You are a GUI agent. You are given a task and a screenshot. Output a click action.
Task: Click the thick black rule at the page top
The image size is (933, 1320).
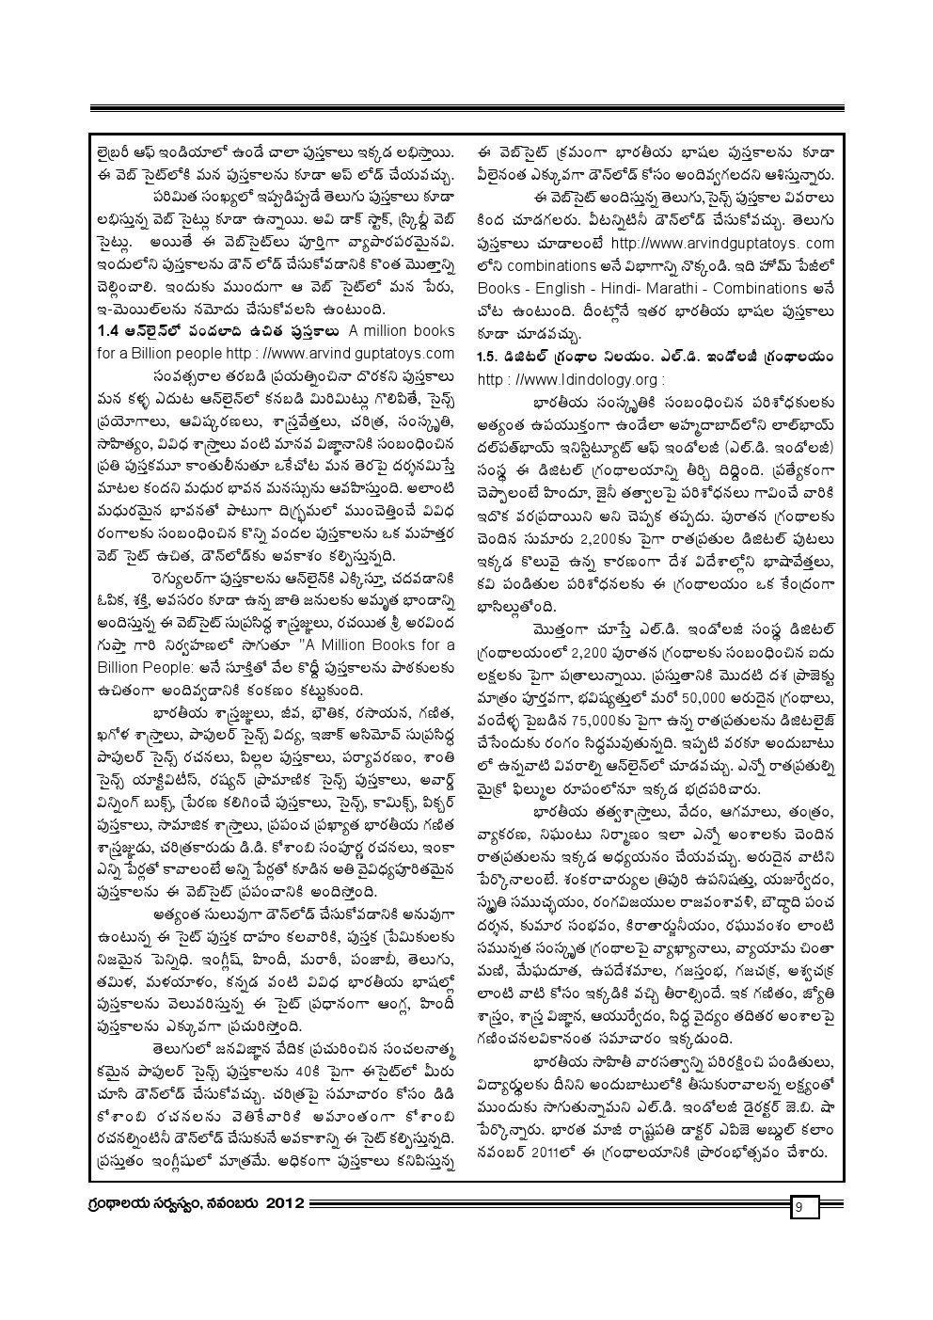tap(466, 109)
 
